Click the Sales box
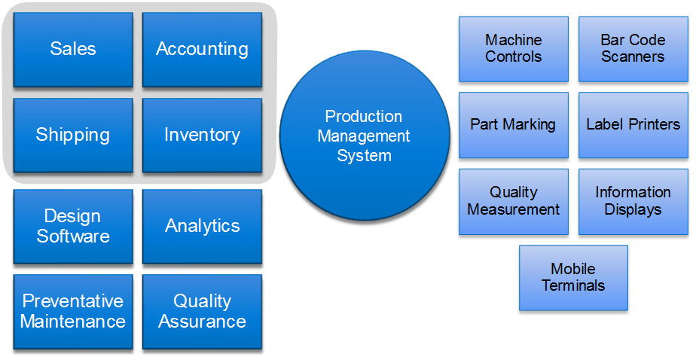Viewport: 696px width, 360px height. pos(73,50)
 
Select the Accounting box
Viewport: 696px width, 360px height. pos(202,50)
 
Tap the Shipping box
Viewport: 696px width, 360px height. pos(73,136)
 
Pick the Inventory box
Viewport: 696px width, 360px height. pos(202,136)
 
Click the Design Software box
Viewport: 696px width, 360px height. pos(73,227)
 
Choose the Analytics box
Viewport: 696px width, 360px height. pos(202,227)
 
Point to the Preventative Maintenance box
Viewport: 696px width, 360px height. pos(73,312)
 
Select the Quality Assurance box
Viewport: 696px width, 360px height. pos(202,312)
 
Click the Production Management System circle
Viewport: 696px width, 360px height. pos(365,136)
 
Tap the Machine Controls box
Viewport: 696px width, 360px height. pos(514,49)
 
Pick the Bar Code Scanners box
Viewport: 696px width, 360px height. pos(633,49)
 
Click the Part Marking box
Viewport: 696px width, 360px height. pos(514,125)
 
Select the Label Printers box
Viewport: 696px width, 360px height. pos(633,125)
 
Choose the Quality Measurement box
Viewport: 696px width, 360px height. pos(514,202)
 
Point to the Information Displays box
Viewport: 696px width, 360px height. pos(633,202)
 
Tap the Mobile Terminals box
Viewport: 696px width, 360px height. pos(573,278)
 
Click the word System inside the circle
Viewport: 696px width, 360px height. pos(364,156)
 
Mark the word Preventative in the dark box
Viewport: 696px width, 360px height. pos(73,301)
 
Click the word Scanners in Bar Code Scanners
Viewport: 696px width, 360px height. pos(633,56)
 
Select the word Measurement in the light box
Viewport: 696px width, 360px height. pos(514,209)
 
